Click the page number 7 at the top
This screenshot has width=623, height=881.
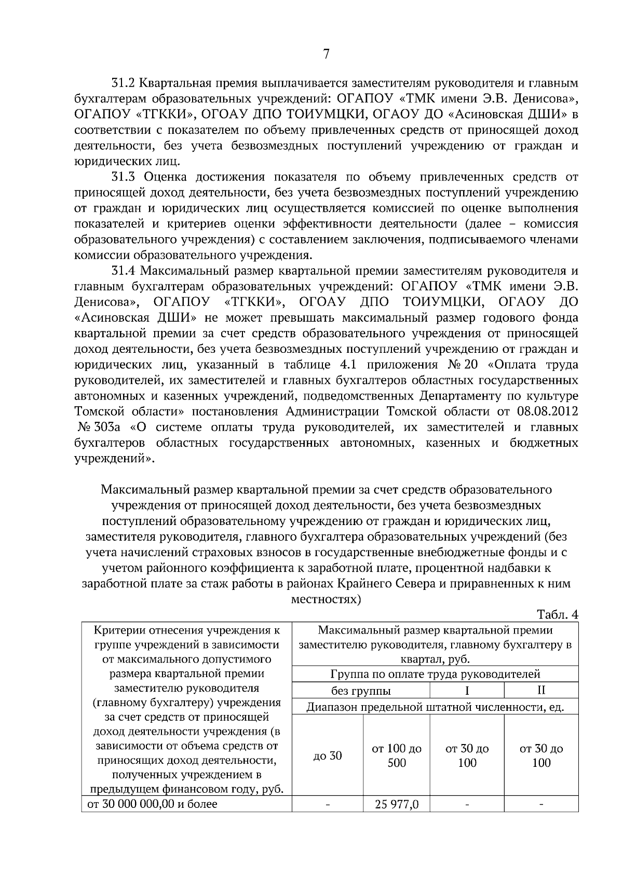[326, 54]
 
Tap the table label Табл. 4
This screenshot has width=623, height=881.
[558, 614]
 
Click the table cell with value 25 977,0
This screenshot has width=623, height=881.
[397, 805]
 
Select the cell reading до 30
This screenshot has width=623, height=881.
[328, 755]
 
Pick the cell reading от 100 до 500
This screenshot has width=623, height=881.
[397, 756]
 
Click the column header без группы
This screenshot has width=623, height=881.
[361, 691]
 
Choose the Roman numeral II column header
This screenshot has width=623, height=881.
[541, 691]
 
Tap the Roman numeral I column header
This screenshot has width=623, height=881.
[467, 691]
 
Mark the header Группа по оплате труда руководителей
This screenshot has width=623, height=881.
[435, 674]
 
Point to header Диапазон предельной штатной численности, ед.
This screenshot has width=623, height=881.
[435, 707]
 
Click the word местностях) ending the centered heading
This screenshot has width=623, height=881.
[326, 599]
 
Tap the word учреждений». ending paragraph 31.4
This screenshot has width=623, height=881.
[114, 459]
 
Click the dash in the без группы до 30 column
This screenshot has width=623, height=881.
[328, 805]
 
